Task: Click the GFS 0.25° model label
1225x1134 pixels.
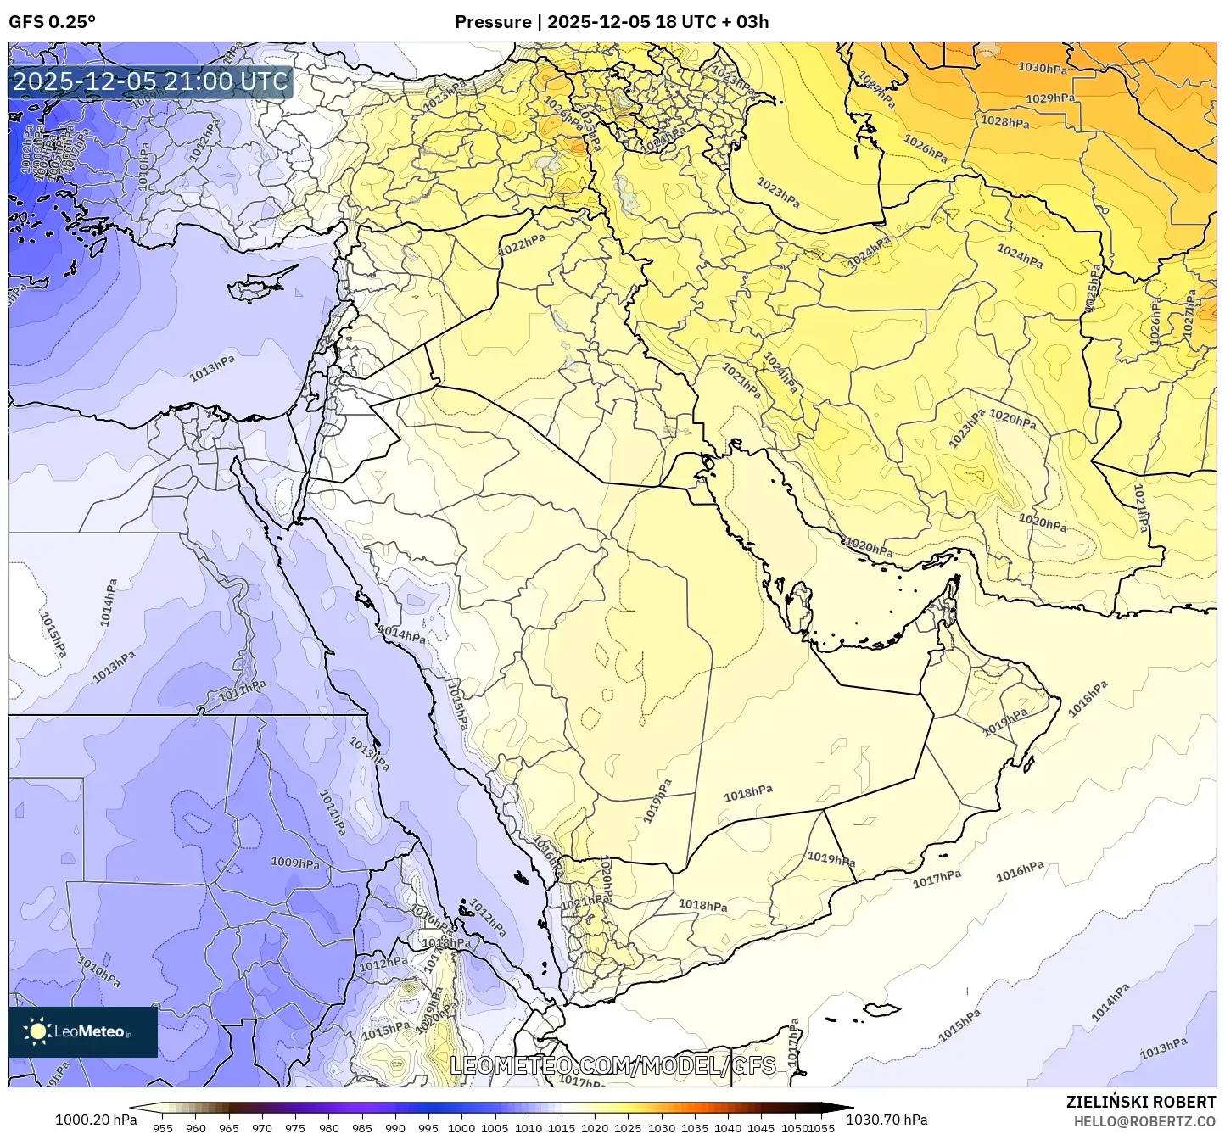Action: point(53,22)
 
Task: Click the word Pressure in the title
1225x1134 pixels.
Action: point(492,22)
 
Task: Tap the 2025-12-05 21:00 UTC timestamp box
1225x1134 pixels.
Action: point(151,82)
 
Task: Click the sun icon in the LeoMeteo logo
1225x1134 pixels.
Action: point(37,1031)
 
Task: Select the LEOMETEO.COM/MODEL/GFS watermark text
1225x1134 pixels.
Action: point(612,1065)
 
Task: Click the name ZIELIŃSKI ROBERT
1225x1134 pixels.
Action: point(1141,1102)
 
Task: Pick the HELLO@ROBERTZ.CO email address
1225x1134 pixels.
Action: point(1145,1120)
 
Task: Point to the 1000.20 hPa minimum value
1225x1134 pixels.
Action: point(95,1119)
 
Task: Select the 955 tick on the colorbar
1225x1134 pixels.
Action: point(163,1128)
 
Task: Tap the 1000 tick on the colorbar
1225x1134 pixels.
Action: point(461,1128)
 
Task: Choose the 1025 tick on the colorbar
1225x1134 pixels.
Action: point(628,1128)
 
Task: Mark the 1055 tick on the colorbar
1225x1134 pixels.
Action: point(823,1128)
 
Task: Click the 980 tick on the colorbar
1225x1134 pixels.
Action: point(329,1128)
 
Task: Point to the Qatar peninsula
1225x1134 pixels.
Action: point(797,604)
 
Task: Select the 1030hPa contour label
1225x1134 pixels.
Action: point(1043,68)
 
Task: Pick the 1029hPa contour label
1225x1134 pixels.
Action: point(1051,98)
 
